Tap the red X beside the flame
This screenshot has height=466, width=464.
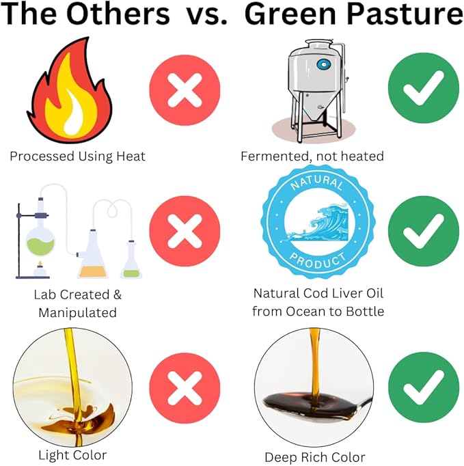pyautogui.click(x=185, y=91)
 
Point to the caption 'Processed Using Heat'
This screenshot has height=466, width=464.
pyautogui.click(x=77, y=156)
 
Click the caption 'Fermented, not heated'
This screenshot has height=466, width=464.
pyautogui.click(x=312, y=156)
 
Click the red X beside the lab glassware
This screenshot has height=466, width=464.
pyautogui.click(x=185, y=231)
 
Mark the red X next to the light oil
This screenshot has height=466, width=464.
pyautogui.click(x=185, y=388)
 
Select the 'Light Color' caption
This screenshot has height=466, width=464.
pyautogui.click(x=72, y=454)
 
